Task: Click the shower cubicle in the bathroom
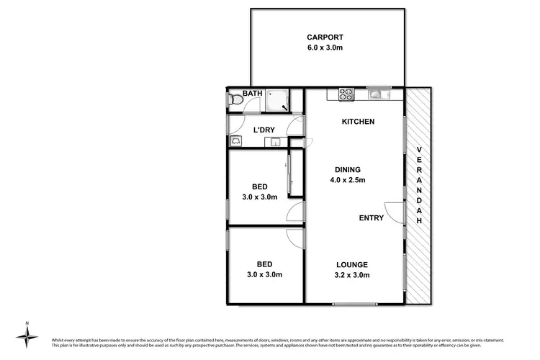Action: [277, 102]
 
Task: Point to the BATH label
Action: [252, 94]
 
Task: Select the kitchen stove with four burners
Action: [346, 93]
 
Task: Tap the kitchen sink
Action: [377, 93]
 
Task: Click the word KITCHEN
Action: [358, 122]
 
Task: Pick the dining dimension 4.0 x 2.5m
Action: [347, 180]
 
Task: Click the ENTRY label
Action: [372, 218]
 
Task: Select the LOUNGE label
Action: [351, 264]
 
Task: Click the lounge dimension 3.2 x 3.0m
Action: [351, 275]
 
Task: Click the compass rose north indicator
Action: [27, 335]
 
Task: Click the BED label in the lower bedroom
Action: [264, 264]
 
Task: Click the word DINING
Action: [347, 169]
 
